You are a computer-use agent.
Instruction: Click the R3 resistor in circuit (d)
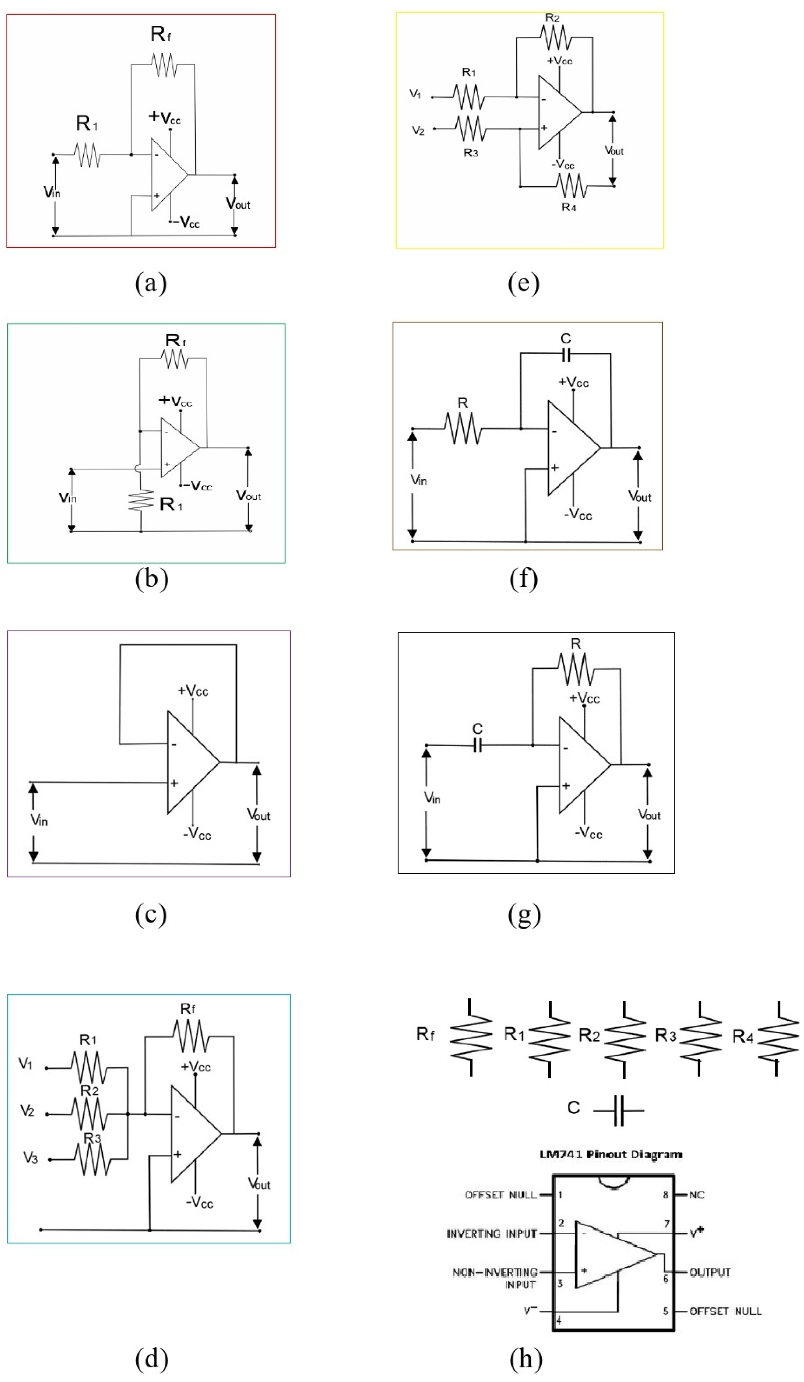pos(93,1159)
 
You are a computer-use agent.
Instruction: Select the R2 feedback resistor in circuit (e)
pos(555,38)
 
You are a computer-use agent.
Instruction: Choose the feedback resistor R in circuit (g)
pos(575,669)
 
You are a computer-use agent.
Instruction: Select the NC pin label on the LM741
pos(697,1195)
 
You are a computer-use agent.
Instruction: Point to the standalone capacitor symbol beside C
pos(619,1110)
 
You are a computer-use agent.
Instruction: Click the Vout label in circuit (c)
pos(259,815)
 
